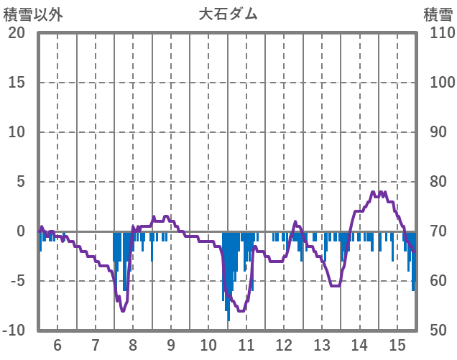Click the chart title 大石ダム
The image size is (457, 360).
[228, 14]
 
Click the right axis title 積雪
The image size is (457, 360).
[437, 14]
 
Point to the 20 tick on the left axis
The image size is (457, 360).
[16, 33]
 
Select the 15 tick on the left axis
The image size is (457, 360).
[16, 83]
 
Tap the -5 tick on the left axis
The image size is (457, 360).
[16, 281]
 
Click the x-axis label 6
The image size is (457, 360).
[57, 344]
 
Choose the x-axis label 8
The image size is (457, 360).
[133, 344]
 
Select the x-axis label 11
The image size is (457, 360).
[246, 344]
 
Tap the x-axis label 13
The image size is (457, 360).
[322, 344]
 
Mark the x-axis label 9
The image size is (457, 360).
[171, 344]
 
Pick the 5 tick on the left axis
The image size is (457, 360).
[20, 182]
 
